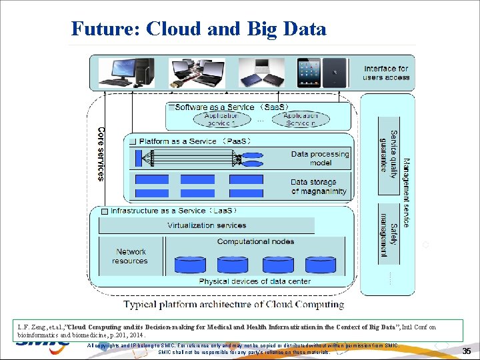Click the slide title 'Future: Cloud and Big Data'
[x=199, y=29]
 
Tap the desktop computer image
[x=127, y=73]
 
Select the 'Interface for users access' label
[x=386, y=73]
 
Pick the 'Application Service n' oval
[x=300, y=119]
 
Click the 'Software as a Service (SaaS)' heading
[x=231, y=107]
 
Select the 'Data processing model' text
[x=320, y=159]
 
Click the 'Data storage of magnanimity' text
[x=319, y=187]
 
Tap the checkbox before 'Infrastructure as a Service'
[x=103, y=211]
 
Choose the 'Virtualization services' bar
[x=207, y=225]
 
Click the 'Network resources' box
[x=131, y=256]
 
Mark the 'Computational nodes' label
[x=255, y=241]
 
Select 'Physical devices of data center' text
[x=245, y=281]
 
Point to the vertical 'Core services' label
[x=101, y=154]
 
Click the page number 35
[x=467, y=351]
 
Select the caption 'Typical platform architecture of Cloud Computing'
[x=233, y=305]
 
